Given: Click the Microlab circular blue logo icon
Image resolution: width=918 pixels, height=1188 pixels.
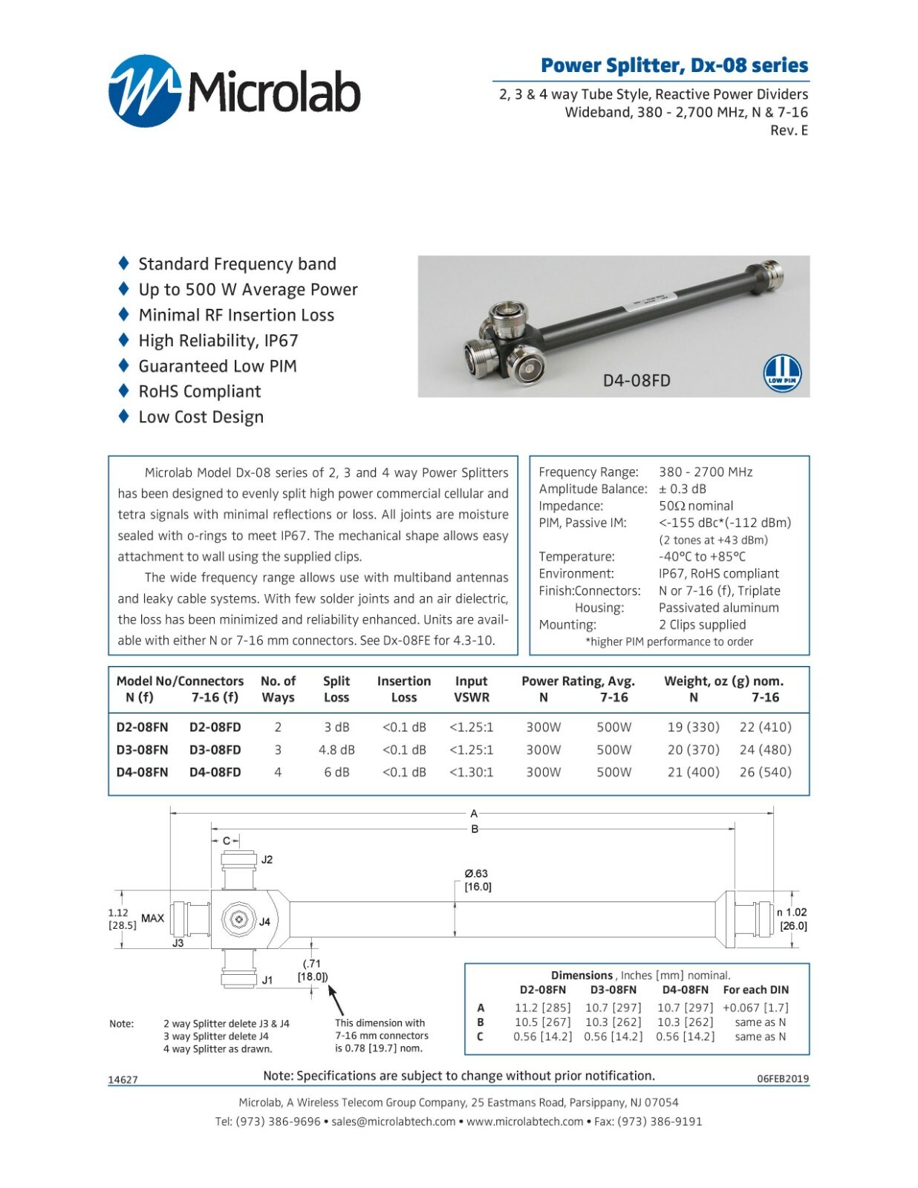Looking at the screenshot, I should (x=145, y=91).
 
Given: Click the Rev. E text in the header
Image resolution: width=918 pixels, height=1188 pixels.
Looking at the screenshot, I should (x=789, y=131).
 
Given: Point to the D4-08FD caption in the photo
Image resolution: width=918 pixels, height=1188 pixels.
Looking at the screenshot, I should (x=637, y=381).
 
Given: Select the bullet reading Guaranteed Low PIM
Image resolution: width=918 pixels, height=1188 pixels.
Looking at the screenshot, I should (x=217, y=366).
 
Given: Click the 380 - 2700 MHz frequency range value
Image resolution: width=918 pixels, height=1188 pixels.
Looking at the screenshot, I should (x=706, y=472).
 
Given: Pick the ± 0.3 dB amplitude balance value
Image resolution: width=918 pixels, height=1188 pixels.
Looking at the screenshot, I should (x=683, y=489).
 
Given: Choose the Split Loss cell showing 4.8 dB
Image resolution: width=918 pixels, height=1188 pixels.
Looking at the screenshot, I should (x=336, y=750).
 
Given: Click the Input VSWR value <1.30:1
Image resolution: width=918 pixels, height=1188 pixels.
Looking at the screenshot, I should (x=471, y=772).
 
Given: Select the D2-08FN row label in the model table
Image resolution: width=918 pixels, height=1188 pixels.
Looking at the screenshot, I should (x=142, y=727).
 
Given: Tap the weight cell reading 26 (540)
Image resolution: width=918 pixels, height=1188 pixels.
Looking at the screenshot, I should (x=765, y=772).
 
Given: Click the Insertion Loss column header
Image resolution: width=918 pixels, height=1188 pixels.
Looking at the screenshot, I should (x=403, y=689).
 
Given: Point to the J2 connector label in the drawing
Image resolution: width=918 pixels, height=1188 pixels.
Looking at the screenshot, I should (x=267, y=860).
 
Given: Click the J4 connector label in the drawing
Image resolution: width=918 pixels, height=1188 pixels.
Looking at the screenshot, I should (x=264, y=921).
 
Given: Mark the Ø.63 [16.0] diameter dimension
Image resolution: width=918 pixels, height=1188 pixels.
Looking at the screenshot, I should (x=477, y=880).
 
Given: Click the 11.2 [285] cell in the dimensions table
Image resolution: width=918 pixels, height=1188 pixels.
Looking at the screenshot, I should (x=542, y=1008).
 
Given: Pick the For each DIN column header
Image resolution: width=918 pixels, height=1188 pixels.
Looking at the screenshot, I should (x=755, y=990).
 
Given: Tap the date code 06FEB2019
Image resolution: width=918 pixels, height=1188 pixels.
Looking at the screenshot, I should (x=783, y=1079).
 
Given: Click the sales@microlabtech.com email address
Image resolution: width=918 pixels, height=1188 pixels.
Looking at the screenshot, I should (x=393, y=1121).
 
